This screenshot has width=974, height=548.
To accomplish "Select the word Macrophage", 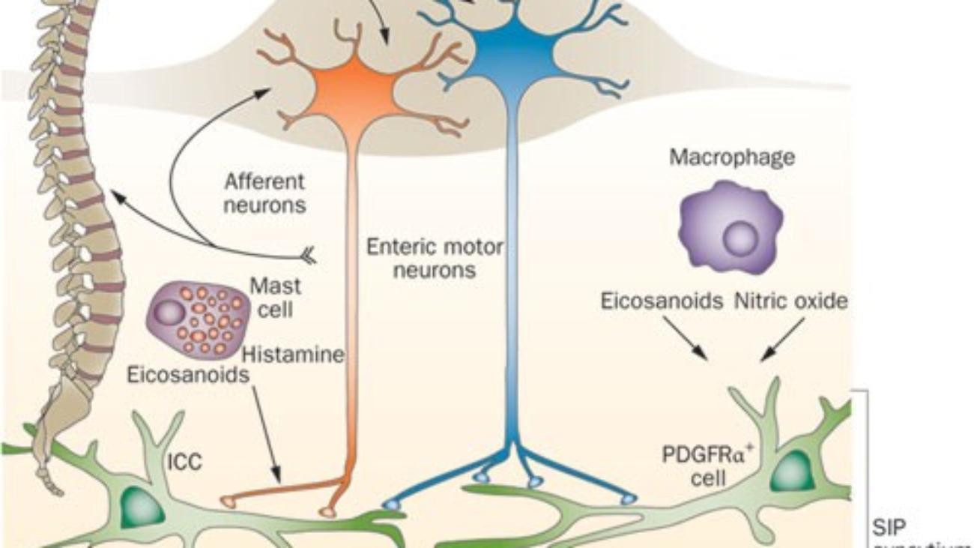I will point(732,157).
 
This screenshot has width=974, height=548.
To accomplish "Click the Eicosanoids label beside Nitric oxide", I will point(662,301).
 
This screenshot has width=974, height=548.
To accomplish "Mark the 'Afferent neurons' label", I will point(264,193).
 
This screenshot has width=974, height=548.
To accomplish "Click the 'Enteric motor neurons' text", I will point(435,257).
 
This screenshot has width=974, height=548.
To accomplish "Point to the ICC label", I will point(185,463).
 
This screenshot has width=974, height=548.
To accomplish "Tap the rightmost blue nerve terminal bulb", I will point(628,499).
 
